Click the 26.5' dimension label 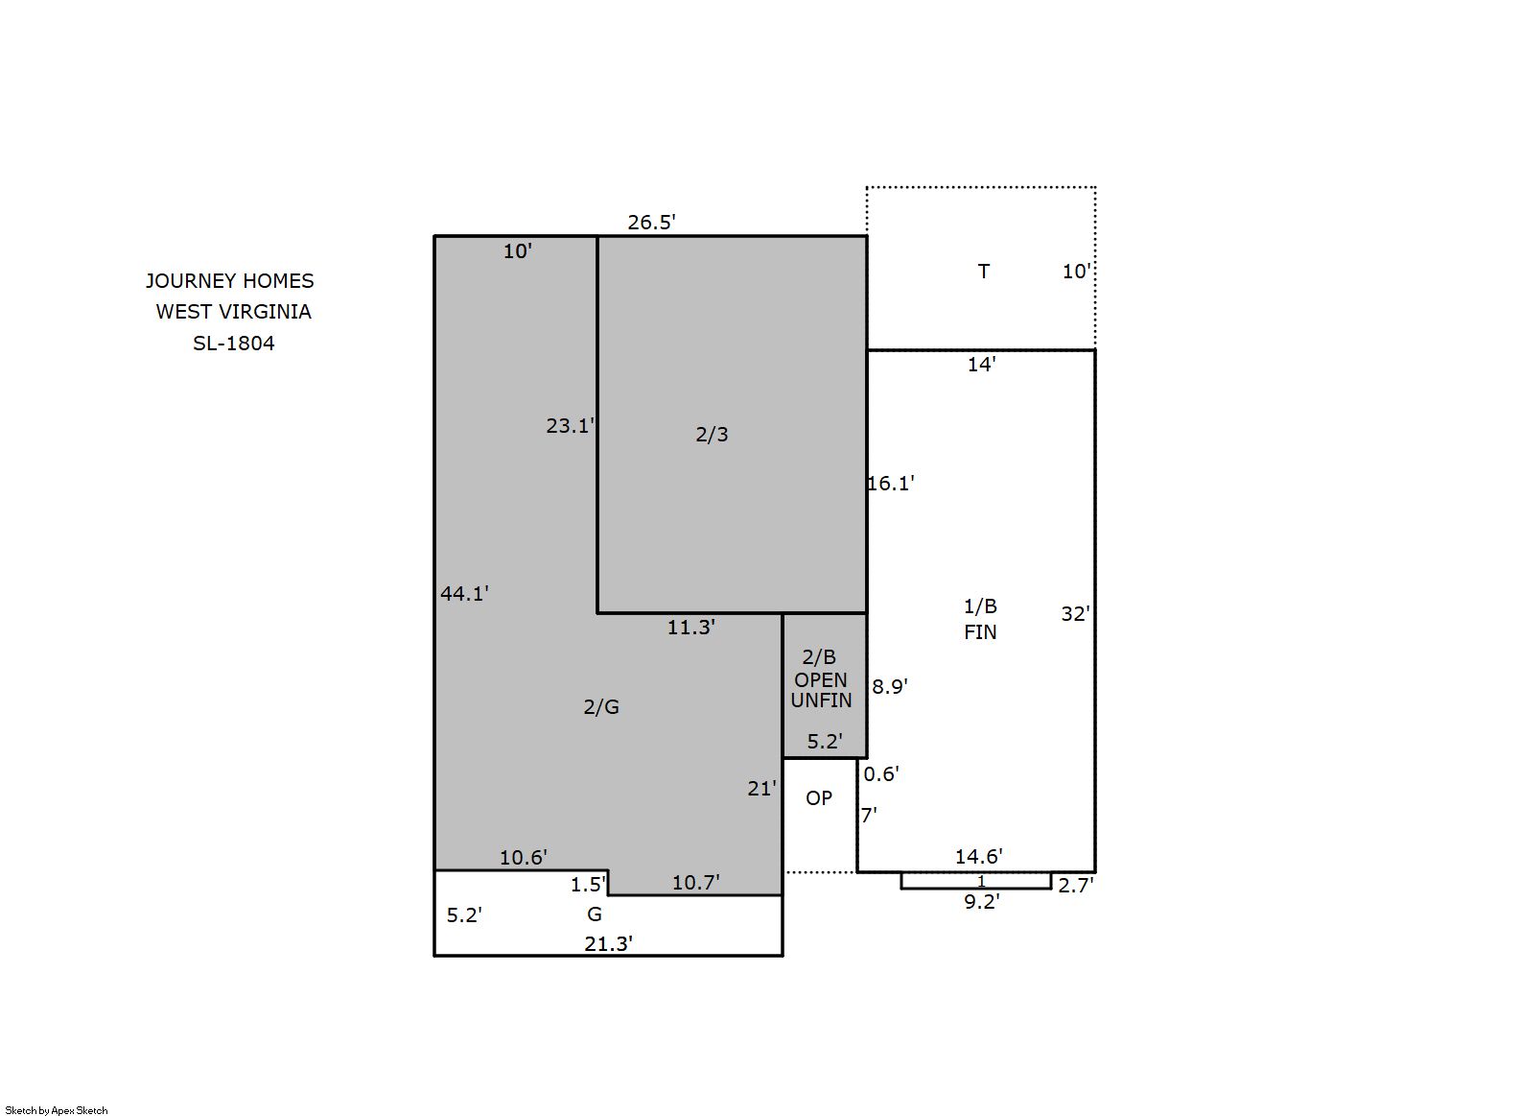(x=651, y=222)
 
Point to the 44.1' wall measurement (x=465, y=593)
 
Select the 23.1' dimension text (x=570, y=426)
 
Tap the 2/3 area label (x=712, y=434)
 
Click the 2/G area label (x=601, y=706)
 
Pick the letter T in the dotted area (x=983, y=272)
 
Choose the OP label (x=819, y=797)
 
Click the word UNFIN (x=821, y=700)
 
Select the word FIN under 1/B (x=980, y=632)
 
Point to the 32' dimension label (x=1076, y=614)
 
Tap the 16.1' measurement (x=891, y=484)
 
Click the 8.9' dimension (x=890, y=686)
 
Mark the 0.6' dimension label (x=881, y=773)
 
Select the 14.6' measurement (x=978, y=856)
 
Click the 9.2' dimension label (x=982, y=901)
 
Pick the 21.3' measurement (x=609, y=943)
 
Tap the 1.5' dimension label (x=588, y=885)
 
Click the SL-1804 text (x=233, y=344)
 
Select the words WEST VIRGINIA (x=233, y=312)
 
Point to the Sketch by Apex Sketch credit (x=57, y=1110)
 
